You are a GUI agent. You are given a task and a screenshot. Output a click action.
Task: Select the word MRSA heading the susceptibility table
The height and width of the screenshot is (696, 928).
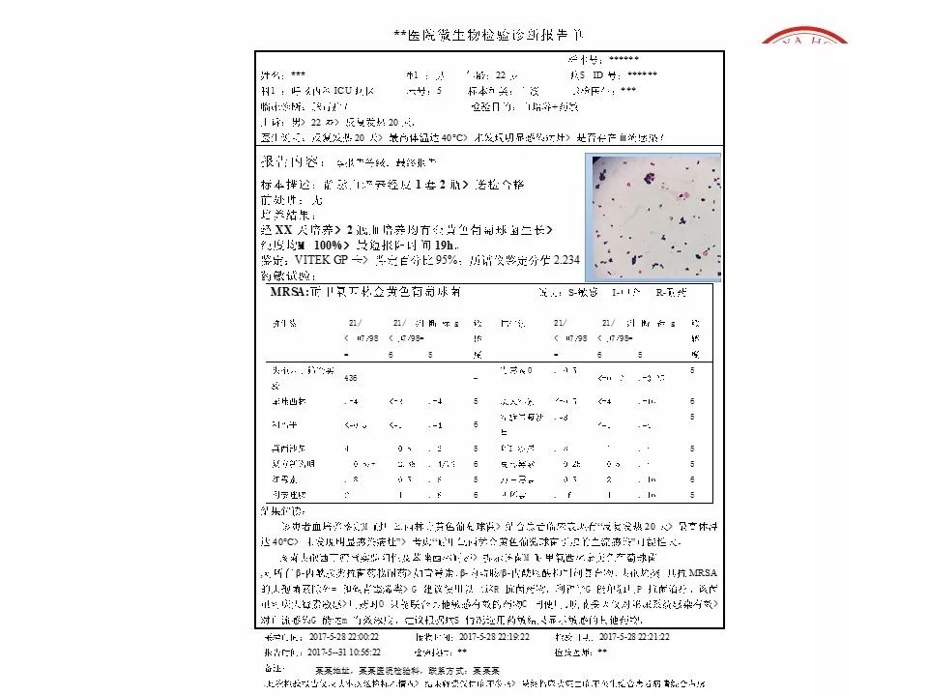point(275,292)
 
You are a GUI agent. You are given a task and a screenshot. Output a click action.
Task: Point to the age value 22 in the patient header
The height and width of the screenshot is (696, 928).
point(501,75)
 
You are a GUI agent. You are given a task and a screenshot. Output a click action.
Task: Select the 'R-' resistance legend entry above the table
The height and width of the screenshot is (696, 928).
point(662,292)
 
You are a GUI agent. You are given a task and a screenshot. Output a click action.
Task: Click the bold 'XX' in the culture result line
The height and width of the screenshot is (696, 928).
point(282,230)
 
